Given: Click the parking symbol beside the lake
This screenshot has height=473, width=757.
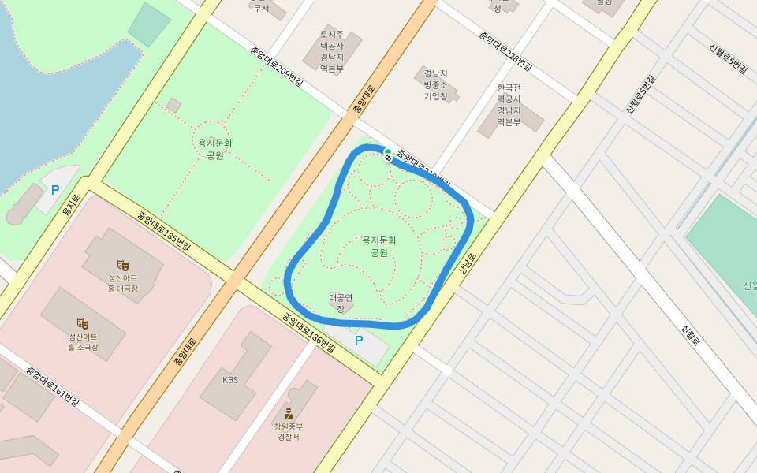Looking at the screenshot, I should point(55,190).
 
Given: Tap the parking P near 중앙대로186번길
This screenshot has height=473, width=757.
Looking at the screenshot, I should point(359,341).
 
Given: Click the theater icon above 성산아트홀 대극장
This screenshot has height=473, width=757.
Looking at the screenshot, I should point(122,265).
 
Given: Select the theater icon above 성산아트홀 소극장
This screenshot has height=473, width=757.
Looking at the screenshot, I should point(82,323).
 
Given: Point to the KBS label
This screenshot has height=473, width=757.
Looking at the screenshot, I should point(230,380).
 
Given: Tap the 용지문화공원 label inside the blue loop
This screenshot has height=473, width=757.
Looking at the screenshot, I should point(379,246).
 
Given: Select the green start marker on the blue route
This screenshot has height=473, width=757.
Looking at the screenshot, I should point(387,152).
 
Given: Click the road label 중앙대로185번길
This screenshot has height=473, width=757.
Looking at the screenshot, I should point(163,230).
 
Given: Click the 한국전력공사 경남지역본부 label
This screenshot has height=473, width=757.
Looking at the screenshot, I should point(509,104).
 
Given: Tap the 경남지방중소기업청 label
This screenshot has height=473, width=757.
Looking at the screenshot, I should point(435,84).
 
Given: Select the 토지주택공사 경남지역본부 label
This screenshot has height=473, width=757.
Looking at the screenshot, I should point(332,51).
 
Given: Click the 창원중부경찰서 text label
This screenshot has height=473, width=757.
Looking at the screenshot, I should point(289,432).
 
